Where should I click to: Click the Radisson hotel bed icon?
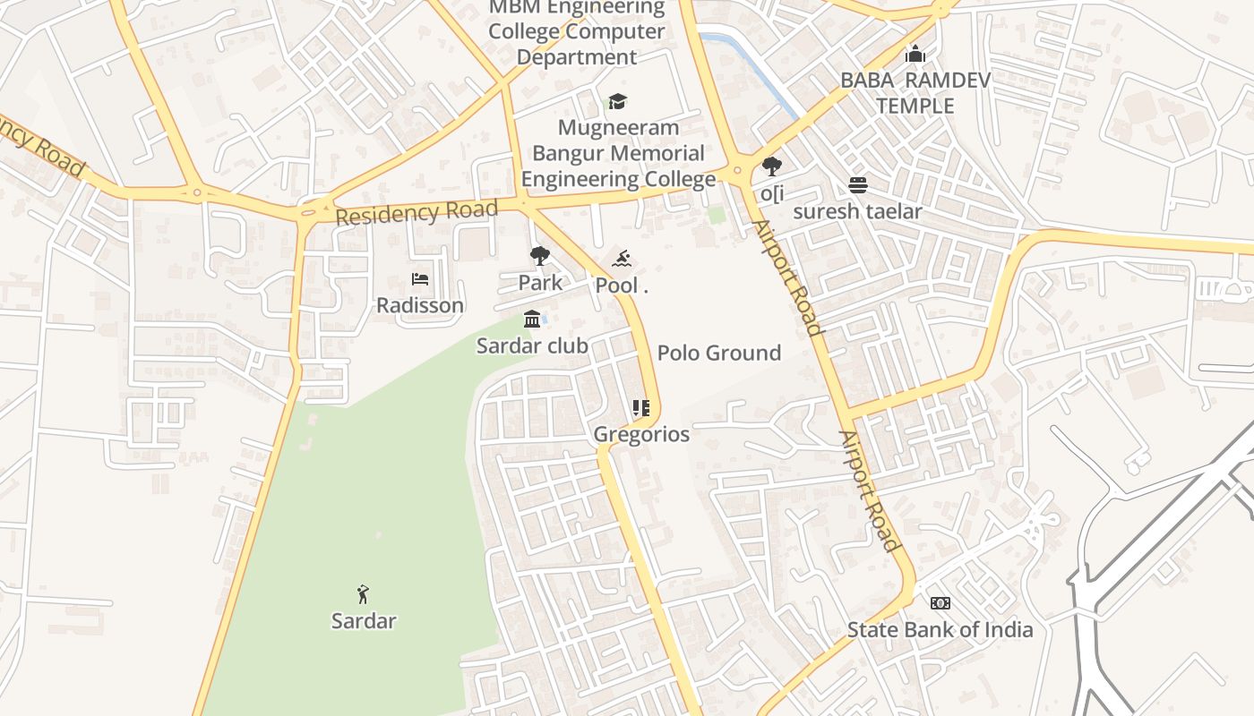point(419,279)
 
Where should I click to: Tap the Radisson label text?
point(419,305)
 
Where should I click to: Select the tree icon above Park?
point(539,257)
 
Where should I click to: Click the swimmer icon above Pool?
point(622,260)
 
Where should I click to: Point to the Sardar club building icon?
point(532,320)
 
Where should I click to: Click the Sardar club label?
point(532,345)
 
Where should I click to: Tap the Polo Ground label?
point(719,353)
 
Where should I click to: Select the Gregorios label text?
point(641,435)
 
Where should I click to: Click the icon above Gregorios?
point(640,409)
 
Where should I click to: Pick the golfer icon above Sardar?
point(363,594)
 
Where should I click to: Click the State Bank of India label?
point(940,629)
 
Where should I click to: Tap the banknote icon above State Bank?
point(940,603)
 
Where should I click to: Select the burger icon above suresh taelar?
point(858,185)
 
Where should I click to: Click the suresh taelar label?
point(857,211)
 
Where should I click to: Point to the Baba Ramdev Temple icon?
point(915,55)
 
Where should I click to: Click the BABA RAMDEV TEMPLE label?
point(915,93)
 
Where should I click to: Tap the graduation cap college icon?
point(617,101)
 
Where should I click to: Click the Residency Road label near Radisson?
point(417,214)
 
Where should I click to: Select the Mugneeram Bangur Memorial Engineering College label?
point(618,153)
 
